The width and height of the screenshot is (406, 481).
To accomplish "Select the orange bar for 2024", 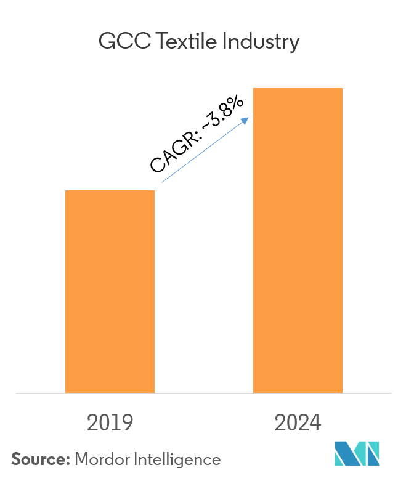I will coord(298,240).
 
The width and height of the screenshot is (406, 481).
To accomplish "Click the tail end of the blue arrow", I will coord(162,182).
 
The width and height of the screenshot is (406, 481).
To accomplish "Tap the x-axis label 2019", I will coord(110,423).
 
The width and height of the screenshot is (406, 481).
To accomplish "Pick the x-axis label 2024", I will coord(298,423).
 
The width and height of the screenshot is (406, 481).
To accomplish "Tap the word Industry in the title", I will coord(261,42).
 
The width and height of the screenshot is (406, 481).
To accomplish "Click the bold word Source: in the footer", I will coord(41,459).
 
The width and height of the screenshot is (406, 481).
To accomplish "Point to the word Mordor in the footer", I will coord(101,459).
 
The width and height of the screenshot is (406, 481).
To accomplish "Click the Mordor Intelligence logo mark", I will coord(357,456).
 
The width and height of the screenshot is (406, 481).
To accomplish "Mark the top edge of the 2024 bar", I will coord(298,89).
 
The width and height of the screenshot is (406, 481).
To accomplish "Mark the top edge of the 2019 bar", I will coord(110,191).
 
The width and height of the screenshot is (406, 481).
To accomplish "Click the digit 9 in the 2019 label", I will coord(127,423).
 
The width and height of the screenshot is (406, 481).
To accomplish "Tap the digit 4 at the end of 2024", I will coord(315,423).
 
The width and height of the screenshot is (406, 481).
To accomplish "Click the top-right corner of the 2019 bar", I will coord(154,191).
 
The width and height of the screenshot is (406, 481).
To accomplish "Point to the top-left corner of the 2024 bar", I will coord(254,89).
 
